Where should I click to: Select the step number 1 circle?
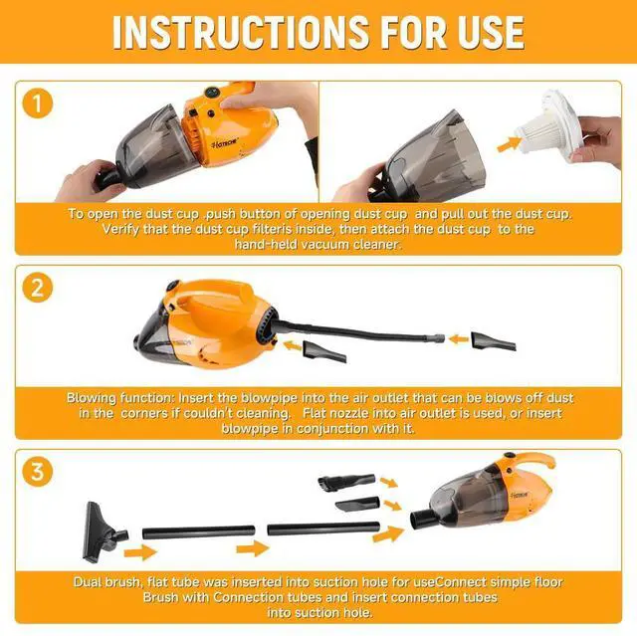(38, 104)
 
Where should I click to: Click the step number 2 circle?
(38, 288)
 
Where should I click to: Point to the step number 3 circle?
(38, 472)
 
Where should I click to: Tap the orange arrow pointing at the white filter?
(510, 144)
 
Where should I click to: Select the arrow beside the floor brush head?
(140, 552)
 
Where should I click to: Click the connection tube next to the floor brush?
(199, 532)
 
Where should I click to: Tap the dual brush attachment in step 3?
(346, 482)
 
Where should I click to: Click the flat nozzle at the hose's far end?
(494, 341)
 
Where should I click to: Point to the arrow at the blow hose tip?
(458, 339)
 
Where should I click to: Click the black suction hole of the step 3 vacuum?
(422, 520)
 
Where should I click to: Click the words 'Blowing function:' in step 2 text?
(119, 398)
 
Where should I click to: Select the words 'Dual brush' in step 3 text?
(107, 582)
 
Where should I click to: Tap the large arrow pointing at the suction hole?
(388, 533)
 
